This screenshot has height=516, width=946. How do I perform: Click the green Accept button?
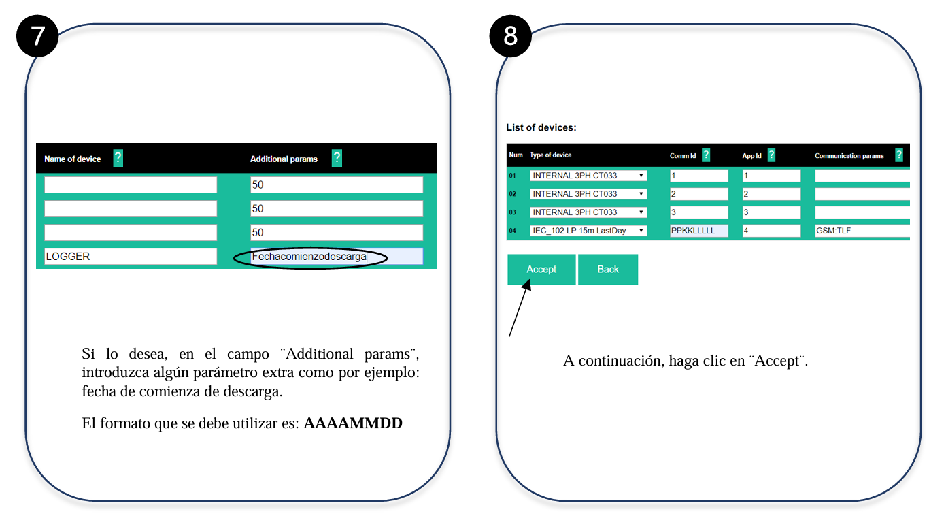pyautogui.click(x=541, y=269)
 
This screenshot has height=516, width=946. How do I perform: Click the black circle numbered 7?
pyautogui.click(x=37, y=36)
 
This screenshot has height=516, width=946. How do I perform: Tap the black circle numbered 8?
pyautogui.click(x=510, y=36)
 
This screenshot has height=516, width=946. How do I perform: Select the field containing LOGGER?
pyautogui.click(x=131, y=257)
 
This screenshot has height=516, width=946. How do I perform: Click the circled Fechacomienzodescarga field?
pyautogui.click(x=337, y=257)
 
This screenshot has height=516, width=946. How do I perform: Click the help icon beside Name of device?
pyautogui.click(x=118, y=158)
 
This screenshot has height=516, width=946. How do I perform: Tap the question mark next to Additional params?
pyautogui.click(x=337, y=158)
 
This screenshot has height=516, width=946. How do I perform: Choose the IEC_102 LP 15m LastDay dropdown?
pyautogui.click(x=588, y=231)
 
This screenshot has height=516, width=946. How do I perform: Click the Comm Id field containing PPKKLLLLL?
pyautogui.click(x=699, y=231)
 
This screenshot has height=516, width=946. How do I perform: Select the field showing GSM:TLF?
pyautogui.click(x=862, y=231)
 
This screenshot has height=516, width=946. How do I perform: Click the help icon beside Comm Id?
pyautogui.click(x=706, y=155)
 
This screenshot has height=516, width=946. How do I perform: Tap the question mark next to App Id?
pyautogui.click(x=771, y=155)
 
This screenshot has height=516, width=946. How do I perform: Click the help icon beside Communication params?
pyautogui.click(x=898, y=155)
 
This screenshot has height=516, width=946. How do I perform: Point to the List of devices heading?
pyautogui.click(x=541, y=127)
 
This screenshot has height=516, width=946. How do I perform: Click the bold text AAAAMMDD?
pyautogui.click(x=353, y=423)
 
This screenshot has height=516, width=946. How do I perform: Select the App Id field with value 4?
pyautogui.click(x=771, y=231)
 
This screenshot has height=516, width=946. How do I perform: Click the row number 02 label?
pyautogui.click(x=512, y=194)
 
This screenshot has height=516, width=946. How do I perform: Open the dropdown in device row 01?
pyautogui.click(x=588, y=176)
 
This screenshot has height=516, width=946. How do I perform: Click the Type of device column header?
pyautogui.click(x=550, y=155)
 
